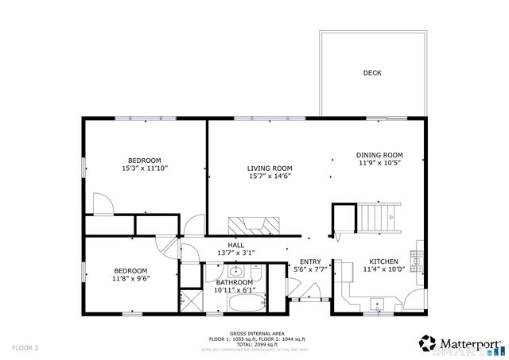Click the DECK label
coord(372,72)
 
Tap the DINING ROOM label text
coord(379,155)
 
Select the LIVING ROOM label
coord(269,168)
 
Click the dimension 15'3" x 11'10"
coord(145,168)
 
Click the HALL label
coord(236,245)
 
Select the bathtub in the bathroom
coord(235,303)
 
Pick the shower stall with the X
coord(190,300)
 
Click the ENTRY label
coord(309,261)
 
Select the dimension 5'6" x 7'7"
coord(309,270)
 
